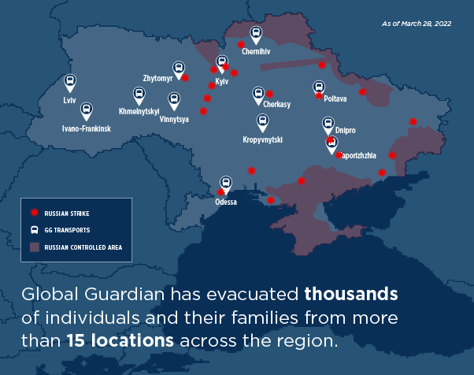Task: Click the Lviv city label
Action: [x=69, y=102]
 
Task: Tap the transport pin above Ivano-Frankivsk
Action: [x=87, y=111]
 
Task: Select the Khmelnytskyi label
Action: [x=139, y=112]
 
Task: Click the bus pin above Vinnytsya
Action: [x=174, y=100]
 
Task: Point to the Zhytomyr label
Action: [x=157, y=79]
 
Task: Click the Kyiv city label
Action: [x=221, y=82]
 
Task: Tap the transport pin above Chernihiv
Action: [x=256, y=34]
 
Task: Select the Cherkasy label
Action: [x=277, y=104]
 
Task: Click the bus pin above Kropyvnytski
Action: [x=262, y=122]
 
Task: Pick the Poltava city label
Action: [x=335, y=98]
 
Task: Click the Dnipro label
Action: [x=345, y=129]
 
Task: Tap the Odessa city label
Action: [x=226, y=202]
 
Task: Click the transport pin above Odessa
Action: [x=227, y=184]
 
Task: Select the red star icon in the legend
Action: [x=34, y=213]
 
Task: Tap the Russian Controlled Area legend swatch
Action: [x=34, y=247]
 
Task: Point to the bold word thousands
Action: [x=351, y=295]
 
